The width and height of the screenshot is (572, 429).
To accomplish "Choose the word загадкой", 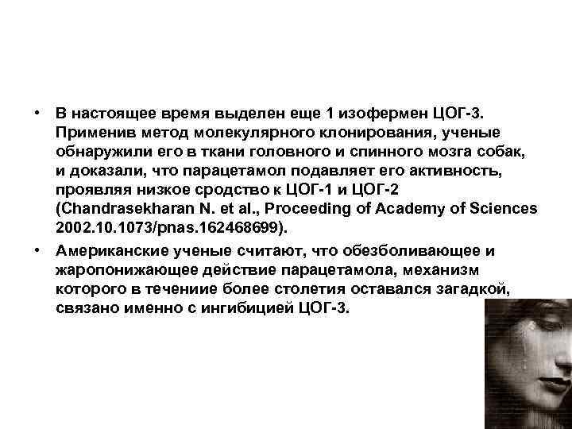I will point(467,290).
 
